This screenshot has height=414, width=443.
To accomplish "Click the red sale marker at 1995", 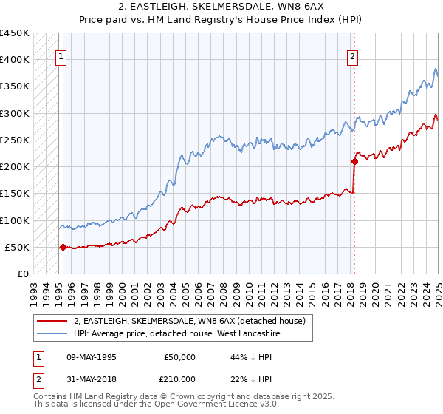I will pyautogui.click(x=63, y=248).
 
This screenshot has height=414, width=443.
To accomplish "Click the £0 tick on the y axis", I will pyautogui.click(x=23, y=274).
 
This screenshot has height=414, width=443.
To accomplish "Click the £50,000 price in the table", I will pyautogui.click(x=180, y=357).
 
